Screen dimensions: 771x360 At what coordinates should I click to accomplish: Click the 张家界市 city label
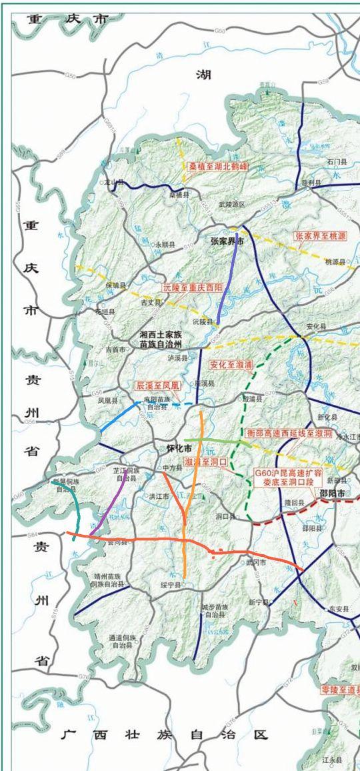point(227,241)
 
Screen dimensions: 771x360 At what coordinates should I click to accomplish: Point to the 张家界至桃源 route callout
point(321,235)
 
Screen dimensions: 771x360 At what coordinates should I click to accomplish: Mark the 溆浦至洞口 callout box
point(206,461)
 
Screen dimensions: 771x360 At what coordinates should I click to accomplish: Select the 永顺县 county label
point(165,245)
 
